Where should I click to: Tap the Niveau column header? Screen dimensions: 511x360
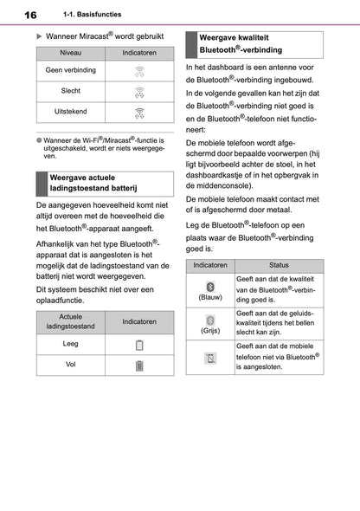tap(71, 54)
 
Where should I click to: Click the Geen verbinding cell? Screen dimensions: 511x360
tap(71, 70)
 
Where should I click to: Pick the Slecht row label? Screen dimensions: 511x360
tap(71, 91)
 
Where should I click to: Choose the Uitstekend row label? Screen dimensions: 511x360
tap(71, 113)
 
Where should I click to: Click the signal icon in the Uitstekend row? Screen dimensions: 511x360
tap(138, 113)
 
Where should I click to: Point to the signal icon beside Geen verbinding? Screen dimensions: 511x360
tap(138, 71)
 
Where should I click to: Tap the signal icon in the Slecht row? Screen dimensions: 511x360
tap(138, 91)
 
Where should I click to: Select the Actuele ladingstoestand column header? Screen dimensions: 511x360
tap(71, 321)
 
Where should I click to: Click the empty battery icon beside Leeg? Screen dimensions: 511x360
tap(138, 346)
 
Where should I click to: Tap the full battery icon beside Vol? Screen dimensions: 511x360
tap(138, 365)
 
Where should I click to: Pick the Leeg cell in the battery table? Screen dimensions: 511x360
tap(71, 345)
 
